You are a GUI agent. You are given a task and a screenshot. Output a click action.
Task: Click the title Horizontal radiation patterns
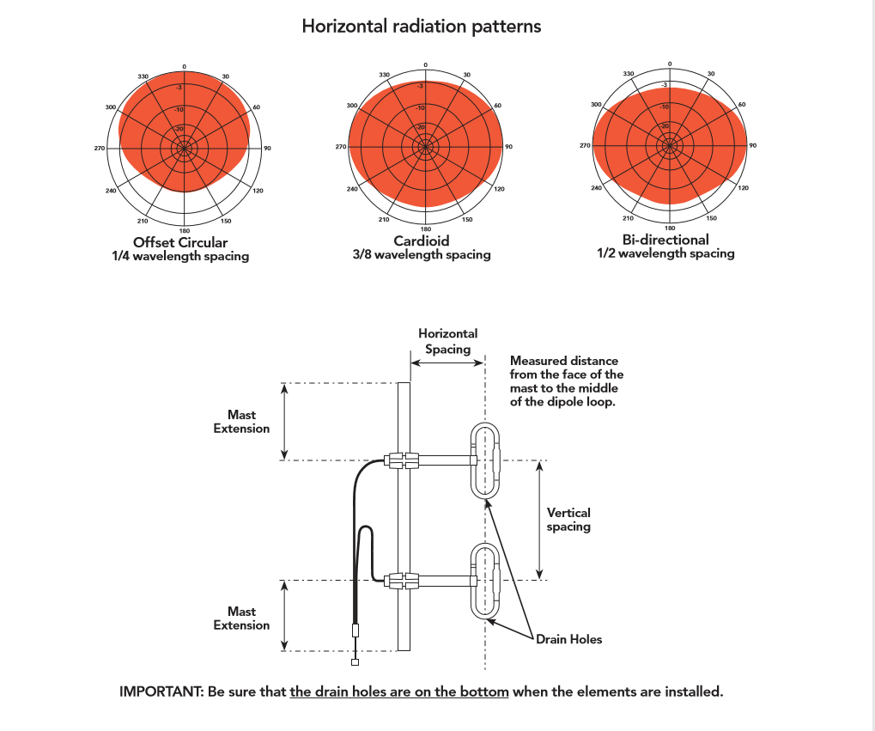pos(421,26)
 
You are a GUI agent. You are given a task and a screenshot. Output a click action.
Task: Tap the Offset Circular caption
pos(180,243)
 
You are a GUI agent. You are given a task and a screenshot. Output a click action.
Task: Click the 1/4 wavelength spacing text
pos(180,256)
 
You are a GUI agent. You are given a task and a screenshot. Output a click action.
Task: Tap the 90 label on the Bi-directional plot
pos(753,146)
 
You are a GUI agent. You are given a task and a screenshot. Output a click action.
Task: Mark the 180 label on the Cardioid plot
pos(426,228)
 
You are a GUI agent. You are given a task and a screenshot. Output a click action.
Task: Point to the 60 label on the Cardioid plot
pos(497,105)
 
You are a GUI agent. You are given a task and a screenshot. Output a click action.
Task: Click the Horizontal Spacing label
pos(447,341)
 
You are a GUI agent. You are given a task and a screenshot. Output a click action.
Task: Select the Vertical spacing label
pos(568,520)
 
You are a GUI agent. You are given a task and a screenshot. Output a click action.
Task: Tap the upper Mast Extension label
pos(241,422)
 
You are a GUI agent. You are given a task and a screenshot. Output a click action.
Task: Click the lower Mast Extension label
pos(241,618)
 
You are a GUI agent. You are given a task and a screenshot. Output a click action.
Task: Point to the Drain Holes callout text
pos(568,639)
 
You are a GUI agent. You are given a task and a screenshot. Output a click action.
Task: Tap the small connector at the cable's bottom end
pos(355,662)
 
